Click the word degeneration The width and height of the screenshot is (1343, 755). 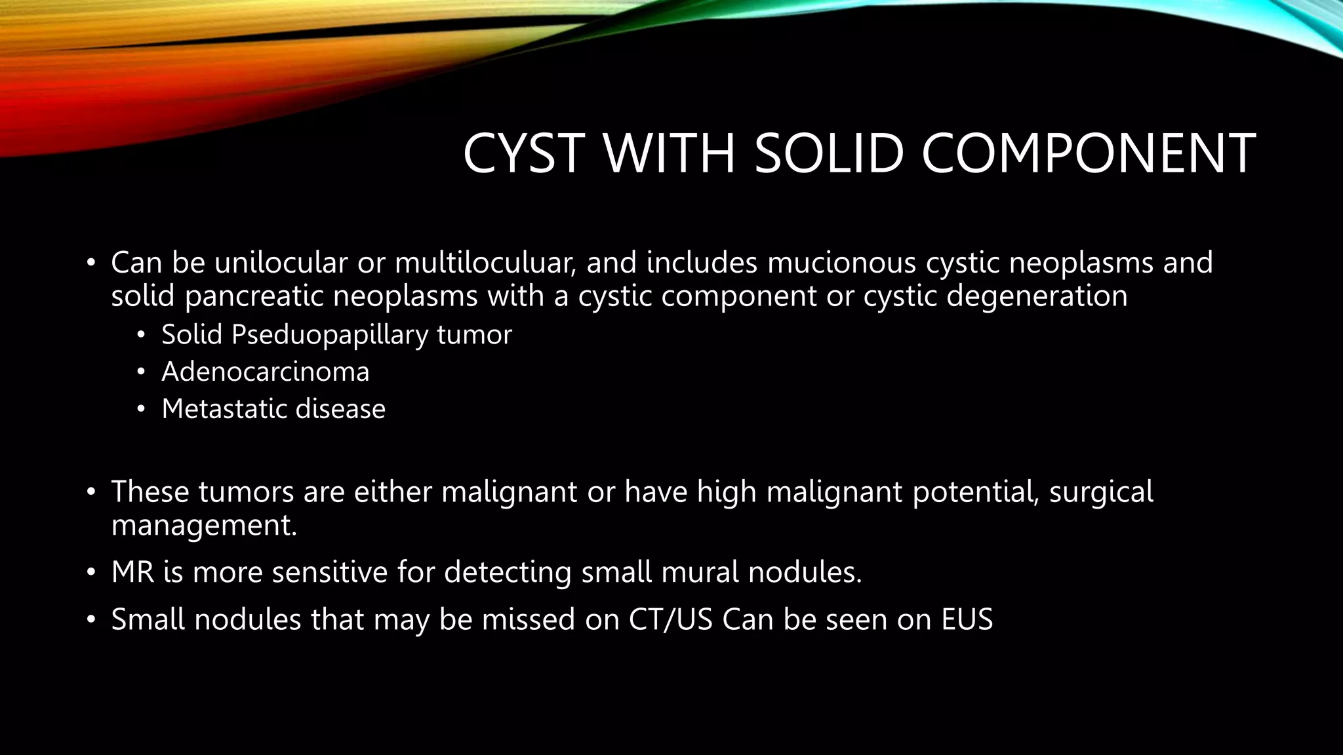[1037, 296]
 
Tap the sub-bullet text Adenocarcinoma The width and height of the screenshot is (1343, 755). [266, 372]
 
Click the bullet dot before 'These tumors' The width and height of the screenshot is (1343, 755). [90, 492]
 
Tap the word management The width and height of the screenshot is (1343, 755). [204, 525]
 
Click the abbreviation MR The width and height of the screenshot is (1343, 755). [132, 571]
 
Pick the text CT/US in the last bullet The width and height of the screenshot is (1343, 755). [670, 619]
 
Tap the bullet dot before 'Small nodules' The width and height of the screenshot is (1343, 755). [90, 620]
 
